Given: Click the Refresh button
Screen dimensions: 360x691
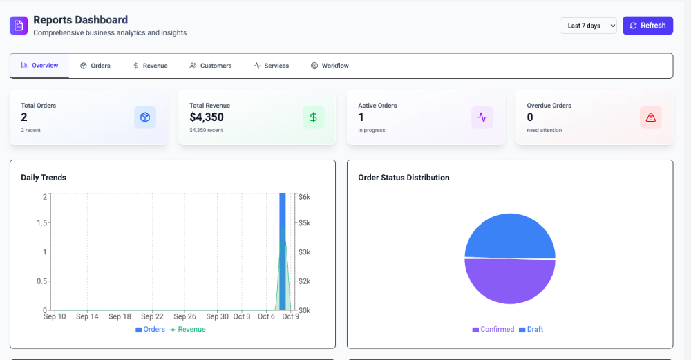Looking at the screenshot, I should coord(647,26).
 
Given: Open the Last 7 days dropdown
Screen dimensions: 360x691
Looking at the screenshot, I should coord(588,26).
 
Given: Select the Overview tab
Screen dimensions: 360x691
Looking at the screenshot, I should coord(39,66).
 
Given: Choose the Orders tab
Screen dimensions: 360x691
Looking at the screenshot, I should coord(95,66).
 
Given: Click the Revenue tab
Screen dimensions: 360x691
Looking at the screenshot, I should coord(150,66).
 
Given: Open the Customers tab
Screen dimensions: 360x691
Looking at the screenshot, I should coord(211,66).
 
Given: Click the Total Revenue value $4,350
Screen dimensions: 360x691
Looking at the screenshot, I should coord(207,117).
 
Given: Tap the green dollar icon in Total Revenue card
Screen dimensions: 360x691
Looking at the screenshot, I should coord(313,117).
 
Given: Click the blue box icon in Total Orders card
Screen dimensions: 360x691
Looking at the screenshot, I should coord(145,117).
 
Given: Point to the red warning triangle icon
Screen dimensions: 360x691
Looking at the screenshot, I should coord(650,117).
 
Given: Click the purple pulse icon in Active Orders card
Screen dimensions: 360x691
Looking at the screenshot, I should coord(482,117).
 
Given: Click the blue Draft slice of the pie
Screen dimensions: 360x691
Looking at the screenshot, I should coord(510,235).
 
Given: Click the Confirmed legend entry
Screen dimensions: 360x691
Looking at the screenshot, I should coord(493,330).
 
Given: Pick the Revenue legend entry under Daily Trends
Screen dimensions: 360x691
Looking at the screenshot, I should coord(188,330).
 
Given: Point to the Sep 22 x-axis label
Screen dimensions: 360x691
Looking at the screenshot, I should coord(152,316).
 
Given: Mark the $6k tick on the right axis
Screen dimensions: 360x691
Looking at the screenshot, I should coord(304,197).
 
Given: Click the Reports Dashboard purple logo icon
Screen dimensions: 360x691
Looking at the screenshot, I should coord(19,26).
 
